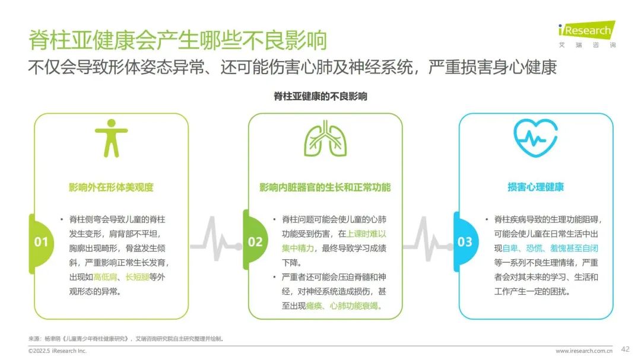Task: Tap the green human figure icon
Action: coord(111,138)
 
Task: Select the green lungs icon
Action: coord(325,138)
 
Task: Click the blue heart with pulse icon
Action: coord(535,138)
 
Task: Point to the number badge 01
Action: coord(41,242)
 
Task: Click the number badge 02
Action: coord(255,241)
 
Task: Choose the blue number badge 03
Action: coord(465,242)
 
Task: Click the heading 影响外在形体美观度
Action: coord(111,187)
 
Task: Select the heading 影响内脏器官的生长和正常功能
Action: coord(325,187)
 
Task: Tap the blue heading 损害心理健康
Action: coord(535,187)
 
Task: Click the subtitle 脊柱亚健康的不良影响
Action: coord(320,97)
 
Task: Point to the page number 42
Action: coord(625,349)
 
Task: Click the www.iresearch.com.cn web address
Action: coord(584,351)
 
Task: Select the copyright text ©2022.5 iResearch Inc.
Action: coord(57,351)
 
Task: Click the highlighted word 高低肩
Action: coord(105,277)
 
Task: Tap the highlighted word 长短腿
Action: coord(137,277)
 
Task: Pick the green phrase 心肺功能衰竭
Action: coord(354,305)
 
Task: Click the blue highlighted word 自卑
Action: coord(510,249)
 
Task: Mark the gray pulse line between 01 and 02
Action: coord(216,240)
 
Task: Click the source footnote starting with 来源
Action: coord(126,339)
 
